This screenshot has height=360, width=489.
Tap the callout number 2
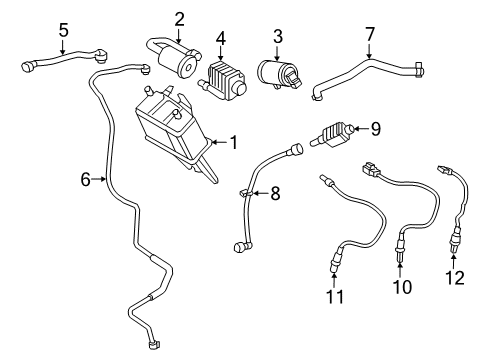pos(179,18)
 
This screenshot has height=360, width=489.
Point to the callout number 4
pos(222,41)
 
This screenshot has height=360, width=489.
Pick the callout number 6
pos(86,180)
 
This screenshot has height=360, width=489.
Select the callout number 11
pos(335,298)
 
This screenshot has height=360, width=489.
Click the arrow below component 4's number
pos(222,54)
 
